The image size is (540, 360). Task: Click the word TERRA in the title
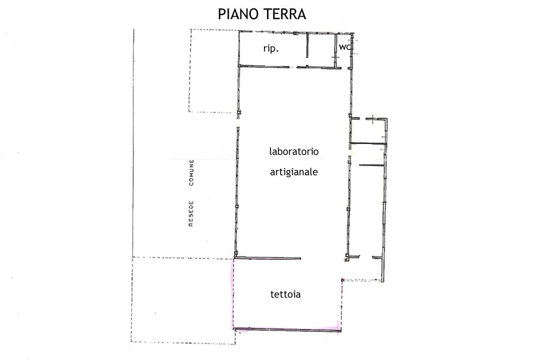click(284, 14)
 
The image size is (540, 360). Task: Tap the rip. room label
click(271, 49)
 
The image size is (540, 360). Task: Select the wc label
click(345, 47)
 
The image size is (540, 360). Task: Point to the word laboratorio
click(294, 151)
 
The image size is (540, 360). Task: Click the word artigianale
click(294, 172)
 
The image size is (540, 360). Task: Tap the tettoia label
click(286, 294)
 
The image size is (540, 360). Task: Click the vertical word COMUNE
click(191, 173)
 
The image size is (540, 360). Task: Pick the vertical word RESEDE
click(191, 214)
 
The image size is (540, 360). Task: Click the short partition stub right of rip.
click(307, 45)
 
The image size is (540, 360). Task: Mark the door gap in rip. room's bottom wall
click(293, 67)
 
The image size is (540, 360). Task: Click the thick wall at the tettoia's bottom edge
click(287, 329)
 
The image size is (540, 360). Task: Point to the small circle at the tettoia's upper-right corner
click(343, 280)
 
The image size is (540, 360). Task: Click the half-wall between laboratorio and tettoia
click(268, 257)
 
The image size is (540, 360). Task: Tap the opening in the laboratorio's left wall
click(238, 121)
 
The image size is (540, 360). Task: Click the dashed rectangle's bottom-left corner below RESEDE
click(131, 342)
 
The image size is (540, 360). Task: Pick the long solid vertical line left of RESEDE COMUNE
click(134, 143)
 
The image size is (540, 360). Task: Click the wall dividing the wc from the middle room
click(336, 50)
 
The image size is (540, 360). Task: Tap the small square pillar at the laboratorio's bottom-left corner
click(236, 254)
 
